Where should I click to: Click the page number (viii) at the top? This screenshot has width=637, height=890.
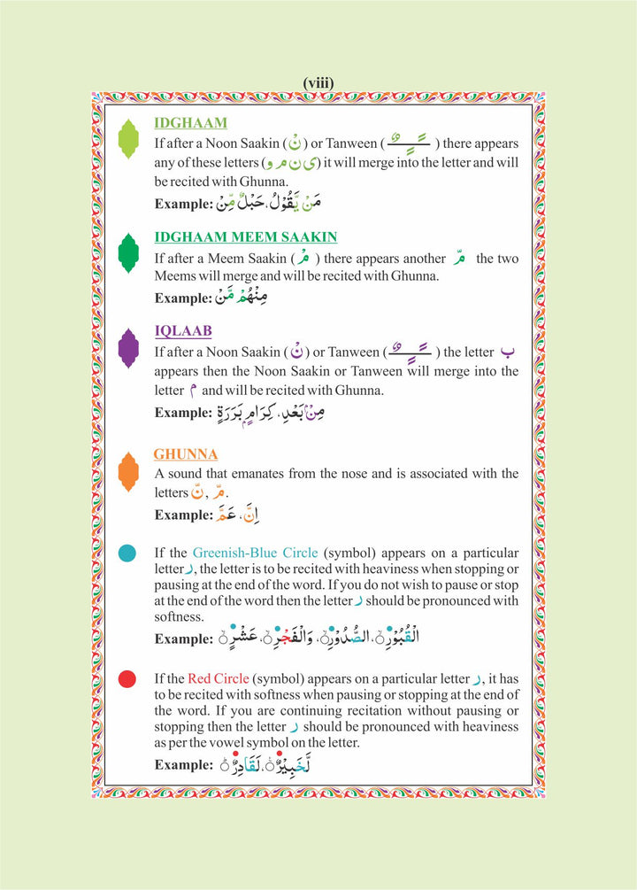tap(318, 83)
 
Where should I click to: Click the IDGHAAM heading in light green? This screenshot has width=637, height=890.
tap(190, 123)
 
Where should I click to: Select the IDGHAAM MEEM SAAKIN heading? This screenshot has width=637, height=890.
tap(245, 237)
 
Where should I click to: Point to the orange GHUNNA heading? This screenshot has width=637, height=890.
tap(186, 454)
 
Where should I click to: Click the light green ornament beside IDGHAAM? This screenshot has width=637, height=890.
tap(129, 139)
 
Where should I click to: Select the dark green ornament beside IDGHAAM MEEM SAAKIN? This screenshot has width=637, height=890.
tap(129, 253)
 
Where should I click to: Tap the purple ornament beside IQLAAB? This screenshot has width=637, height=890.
tap(129, 347)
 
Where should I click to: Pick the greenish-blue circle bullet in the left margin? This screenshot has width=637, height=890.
tap(127, 553)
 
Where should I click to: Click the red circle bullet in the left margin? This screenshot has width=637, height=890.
tap(127, 679)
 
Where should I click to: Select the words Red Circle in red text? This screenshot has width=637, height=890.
tap(217, 679)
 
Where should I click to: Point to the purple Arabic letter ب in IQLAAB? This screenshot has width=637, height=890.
tap(506, 352)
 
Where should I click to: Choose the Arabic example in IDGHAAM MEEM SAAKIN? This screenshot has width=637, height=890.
tap(242, 298)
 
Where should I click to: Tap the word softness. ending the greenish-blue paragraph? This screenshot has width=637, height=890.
tap(180, 616)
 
